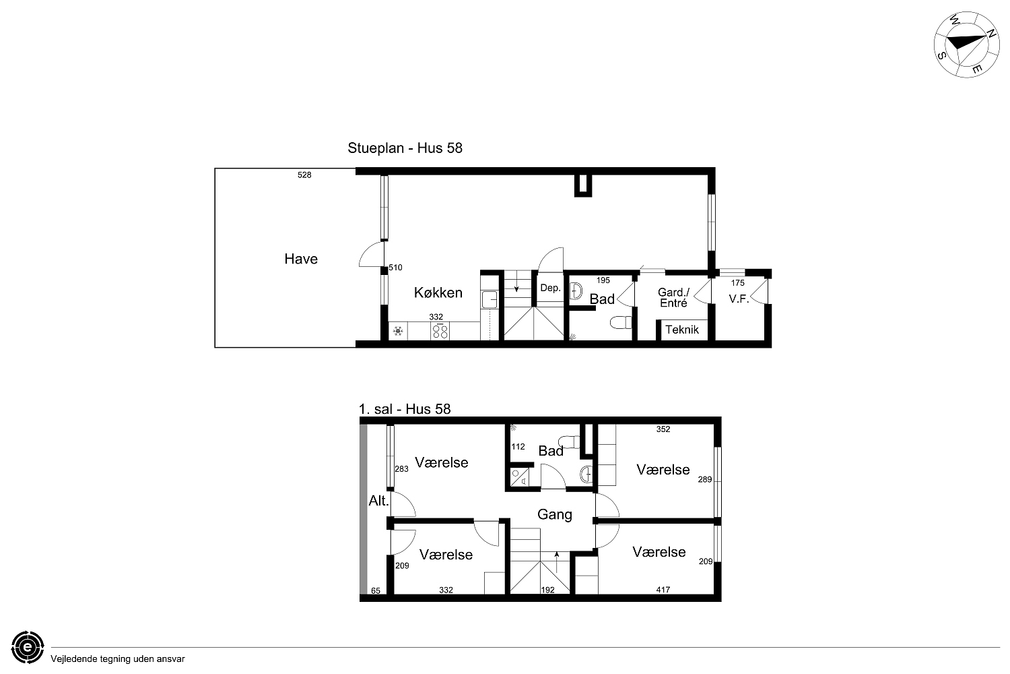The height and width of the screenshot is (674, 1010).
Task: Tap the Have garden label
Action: point(301,259)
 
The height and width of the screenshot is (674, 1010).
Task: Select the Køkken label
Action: point(438,293)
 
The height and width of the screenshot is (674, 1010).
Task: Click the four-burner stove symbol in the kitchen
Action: point(440,332)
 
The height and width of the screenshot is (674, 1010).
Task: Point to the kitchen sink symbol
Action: point(490,299)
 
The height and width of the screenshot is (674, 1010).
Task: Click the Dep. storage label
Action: point(550,288)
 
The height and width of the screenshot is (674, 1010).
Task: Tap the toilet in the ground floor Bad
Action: point(621,322)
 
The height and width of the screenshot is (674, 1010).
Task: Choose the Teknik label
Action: point(681,330)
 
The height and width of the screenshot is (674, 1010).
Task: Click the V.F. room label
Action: point(739,299)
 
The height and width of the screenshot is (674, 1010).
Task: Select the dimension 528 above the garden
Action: point(304,175)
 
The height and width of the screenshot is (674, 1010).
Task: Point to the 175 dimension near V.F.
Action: point(738,283)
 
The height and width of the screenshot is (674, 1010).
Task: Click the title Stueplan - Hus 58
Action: point(405,148)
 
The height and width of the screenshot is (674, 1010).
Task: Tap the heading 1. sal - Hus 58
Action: point(405,409)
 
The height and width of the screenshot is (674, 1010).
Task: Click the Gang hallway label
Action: point(555,515)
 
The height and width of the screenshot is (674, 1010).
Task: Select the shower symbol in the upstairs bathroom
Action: point(518,477)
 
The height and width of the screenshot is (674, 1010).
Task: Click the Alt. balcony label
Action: point(378,501)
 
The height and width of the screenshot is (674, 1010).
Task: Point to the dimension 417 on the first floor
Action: point(663,590)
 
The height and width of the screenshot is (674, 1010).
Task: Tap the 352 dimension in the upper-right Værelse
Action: point(663,429)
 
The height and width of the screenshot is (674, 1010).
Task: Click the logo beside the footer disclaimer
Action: point(28,647)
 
